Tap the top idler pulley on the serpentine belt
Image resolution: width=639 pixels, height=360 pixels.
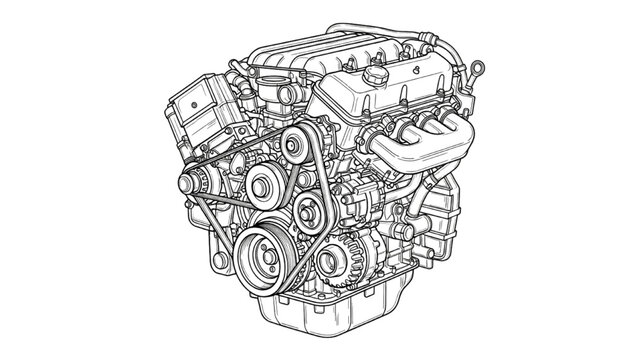pos(292,148)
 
